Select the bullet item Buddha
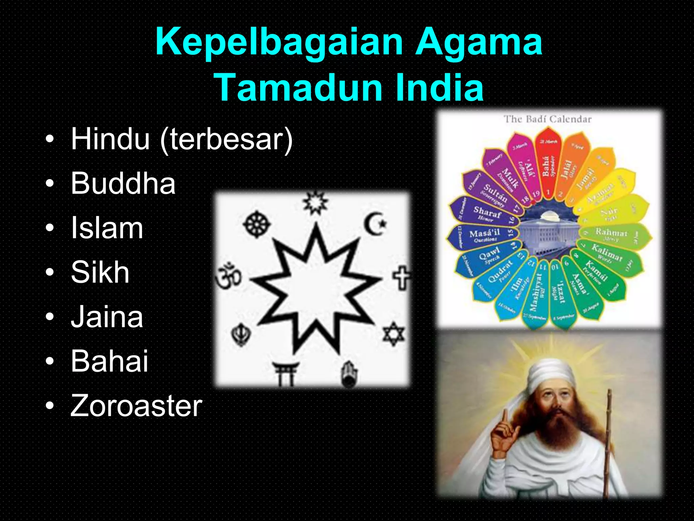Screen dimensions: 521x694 123,184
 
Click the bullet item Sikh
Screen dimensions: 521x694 100,272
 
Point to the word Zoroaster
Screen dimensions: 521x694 136,406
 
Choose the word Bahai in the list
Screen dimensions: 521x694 109,361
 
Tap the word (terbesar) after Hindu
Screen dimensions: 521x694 226,139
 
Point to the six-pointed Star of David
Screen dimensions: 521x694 393,334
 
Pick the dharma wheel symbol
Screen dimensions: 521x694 257,224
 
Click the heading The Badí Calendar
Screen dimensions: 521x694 547,119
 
